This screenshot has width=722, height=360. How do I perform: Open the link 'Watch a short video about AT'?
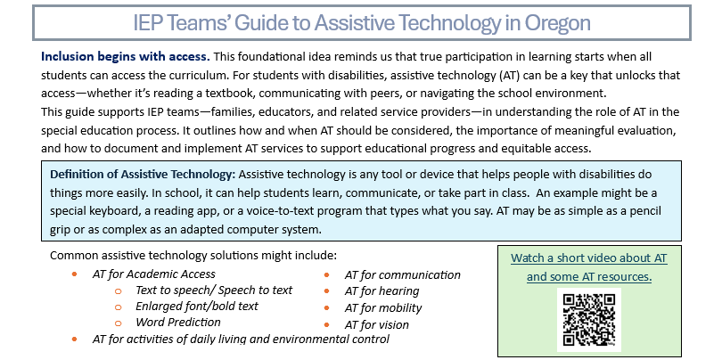588,258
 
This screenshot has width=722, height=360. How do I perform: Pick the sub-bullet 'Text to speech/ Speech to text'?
213,290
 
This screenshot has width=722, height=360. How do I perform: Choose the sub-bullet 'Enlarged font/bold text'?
196,306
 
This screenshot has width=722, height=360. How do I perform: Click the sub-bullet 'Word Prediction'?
177,322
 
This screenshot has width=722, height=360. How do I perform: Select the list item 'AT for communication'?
402,274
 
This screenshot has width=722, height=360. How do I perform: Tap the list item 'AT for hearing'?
382,290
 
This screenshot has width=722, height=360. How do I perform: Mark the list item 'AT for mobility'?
383,307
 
